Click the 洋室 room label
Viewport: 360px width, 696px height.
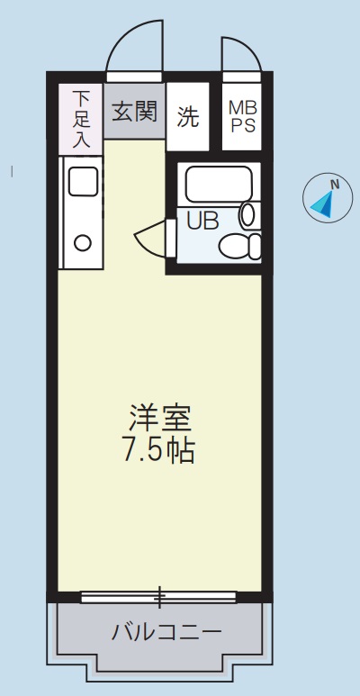pos(160,418)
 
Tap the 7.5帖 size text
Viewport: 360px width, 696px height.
pos(159,449)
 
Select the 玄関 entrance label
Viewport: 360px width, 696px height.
pos(134,112)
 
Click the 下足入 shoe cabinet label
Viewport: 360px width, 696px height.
pos(81,116)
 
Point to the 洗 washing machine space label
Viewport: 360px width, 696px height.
pos(187,116)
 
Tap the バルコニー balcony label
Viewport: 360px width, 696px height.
pos(166,631)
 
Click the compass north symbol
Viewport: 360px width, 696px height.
pos(327,199)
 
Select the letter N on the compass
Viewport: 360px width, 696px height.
pos(334,185)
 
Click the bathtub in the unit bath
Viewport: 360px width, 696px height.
pos(219,185)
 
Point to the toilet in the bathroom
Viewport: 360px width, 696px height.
pos(240,244)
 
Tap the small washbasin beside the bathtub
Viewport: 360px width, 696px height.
pos(248,215)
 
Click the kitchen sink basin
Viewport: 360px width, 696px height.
pos(83,182)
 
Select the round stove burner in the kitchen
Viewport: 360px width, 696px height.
pos(83,241)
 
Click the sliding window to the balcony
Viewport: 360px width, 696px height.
pos(159,596)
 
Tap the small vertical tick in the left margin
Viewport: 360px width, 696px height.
pos(11,168)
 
